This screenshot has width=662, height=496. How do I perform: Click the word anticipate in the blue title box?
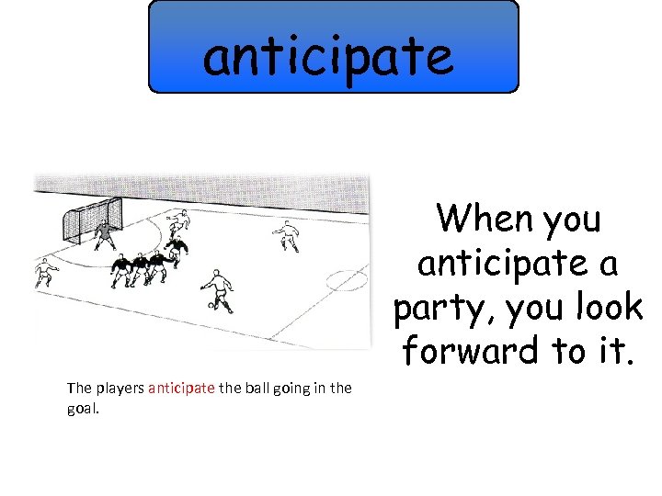(x=328, y=55)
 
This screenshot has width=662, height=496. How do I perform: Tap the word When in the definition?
(x=485, y=220)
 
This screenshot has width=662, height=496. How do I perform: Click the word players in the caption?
(x=118, y=388)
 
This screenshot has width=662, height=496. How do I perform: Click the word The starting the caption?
(x=78, y=388)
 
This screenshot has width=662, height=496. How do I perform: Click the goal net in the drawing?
(x=88, y=220)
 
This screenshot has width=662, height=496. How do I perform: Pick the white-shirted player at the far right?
(x=289, y=235)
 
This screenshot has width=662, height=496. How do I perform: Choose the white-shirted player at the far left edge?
(x=44, y=273)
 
